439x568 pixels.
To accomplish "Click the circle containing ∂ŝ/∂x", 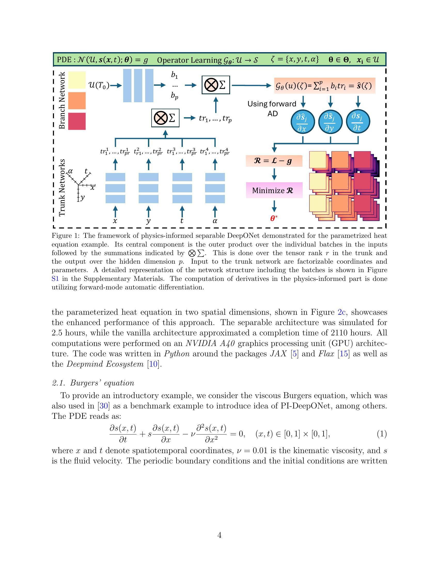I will pyautogui.click(x=302, y=122).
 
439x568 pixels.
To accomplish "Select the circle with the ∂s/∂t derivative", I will pyautogui.click(x=358, y=122).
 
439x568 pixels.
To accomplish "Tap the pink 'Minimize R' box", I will pyautogui.click(x=274, y=190).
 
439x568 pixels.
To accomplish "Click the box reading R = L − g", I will pyautogui.click(x=274, y=161).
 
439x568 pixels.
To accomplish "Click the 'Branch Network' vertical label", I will pyautogui.click(x=62, y=100).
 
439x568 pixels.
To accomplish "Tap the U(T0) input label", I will pyautogui.click(x=99, y=85).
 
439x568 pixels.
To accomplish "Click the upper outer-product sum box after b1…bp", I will pyautogui.click(x=216, y=85).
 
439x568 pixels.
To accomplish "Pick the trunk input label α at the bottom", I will pyautogui.click(x=215, y=221).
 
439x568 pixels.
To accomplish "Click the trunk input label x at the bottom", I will pyautogui.click(x=115, y=221).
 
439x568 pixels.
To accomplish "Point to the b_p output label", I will pyautogui.click(x=175, y=96).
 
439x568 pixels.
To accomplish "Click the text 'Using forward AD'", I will pyautogui.click(x=272, y=108).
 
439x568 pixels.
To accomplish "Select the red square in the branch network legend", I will pyautogui.click(x=77, y=121).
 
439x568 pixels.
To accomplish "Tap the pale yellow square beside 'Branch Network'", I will pyautogui.click(x=77, y=80).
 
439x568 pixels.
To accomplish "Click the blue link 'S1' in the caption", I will pyautogui.click(x=56, y=279).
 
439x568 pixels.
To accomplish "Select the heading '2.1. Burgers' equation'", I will pyautogui.click(x=93, y=383).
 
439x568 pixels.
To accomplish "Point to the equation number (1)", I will pyautogui.click(x=381, y=434).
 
